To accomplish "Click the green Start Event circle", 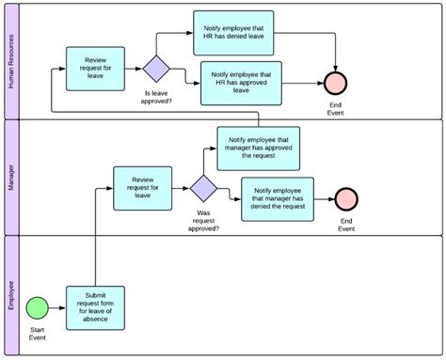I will [x=36, y=308].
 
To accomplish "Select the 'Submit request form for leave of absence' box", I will [x=95, y=308].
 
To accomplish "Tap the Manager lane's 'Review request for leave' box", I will [x=143, y=188].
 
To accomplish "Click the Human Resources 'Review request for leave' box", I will [x=95, y=69].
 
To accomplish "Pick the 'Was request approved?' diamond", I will [x=203, y=188].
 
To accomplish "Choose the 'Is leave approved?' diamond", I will [x=155, y=69].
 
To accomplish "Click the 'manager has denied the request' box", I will [x=277, y=198].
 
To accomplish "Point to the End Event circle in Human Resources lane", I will [x=336, y=83].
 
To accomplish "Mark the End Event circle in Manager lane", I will [x=347, y=198].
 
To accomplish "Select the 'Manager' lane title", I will [x=11, y=176].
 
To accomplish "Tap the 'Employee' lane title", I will [x=11, y=294].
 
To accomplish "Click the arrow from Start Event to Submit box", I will [x=56, y=308].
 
